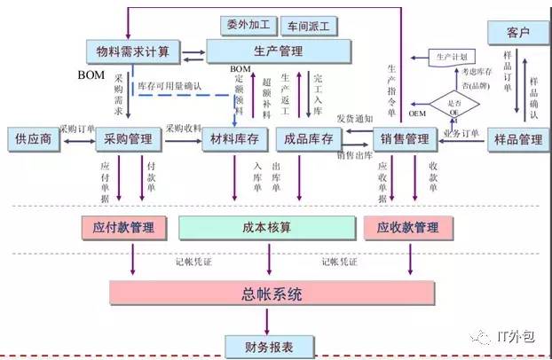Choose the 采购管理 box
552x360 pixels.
click(x=129, y=139)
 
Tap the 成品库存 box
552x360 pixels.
click(x=307, y=139)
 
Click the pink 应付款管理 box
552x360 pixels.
click(x=130, y=227)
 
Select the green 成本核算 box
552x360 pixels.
click(x=266, y=227)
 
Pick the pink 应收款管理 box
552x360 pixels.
click(x=401, y=227)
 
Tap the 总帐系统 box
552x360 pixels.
click(x=272, y=293)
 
